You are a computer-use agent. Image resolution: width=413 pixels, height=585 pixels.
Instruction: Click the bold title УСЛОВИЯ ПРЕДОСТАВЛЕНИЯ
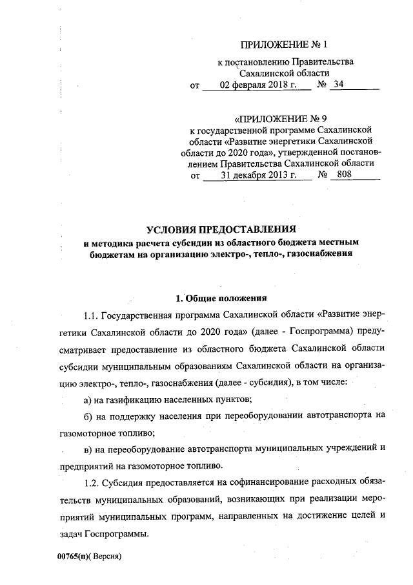coord(221,229)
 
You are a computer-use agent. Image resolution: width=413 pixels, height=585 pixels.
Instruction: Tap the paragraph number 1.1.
coord(91,315)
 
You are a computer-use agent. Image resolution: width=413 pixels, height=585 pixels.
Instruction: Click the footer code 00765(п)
coord(72,556)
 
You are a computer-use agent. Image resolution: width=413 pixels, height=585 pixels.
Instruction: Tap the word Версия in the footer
coord(106,556)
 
